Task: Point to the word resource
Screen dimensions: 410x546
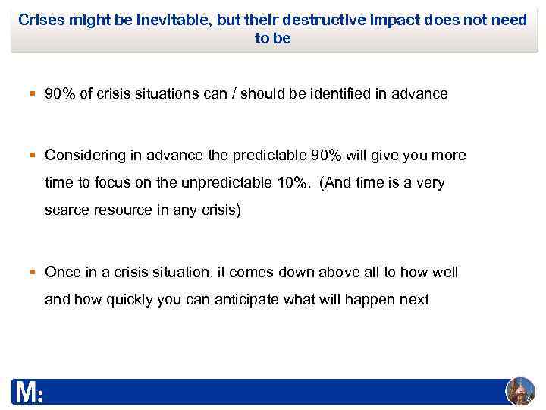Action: pyautogui.click(x=121, y=210)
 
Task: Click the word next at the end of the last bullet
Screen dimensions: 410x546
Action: pyautogui.click(x=413, y=299)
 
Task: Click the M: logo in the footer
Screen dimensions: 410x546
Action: pyautogui.click(x=27, y=393)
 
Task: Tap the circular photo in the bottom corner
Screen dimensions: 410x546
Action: pyautogui.click(x=519, y=391)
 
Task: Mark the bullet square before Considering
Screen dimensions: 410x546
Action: pyautogui.click(x=33, y=156)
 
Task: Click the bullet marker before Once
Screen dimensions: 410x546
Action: pyautogui.click(x=33, y=272)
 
